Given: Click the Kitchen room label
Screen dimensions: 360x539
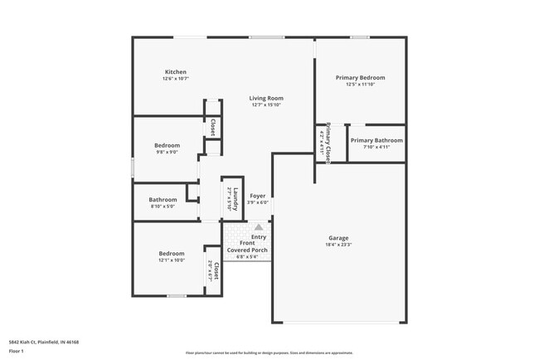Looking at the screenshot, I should [175, 72].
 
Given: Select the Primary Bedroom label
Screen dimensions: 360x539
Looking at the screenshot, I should [360, 77].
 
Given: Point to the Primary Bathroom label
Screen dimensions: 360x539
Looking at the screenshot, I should [376, 140].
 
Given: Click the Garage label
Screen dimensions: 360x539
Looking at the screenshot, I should [338, 237].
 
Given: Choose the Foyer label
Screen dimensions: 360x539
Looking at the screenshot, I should [258, 196].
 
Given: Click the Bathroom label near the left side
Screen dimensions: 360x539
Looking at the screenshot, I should [163, 199].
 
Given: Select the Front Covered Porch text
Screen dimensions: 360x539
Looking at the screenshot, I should [247, 246].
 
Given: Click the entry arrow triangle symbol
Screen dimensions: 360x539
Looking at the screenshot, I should [258, 226].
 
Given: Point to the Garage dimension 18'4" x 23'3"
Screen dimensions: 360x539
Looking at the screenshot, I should [338, 245].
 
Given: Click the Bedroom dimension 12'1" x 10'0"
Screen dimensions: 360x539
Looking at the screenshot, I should [172, 260].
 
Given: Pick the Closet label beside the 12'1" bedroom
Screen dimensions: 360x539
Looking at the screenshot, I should [216, 270].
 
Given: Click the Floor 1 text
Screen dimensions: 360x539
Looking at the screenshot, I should [17, 351].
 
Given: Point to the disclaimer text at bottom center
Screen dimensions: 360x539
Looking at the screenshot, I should [269, 353].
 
